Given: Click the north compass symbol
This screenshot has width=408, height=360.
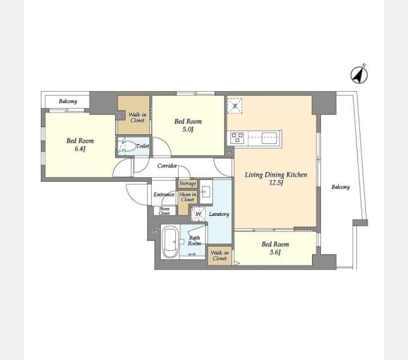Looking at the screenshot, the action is click(359, 75).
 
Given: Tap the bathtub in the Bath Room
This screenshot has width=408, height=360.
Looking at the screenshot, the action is click(170, 242).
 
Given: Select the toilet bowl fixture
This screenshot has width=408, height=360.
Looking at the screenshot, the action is click(127, 146).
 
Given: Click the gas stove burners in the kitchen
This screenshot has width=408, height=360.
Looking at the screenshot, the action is click(237, 138).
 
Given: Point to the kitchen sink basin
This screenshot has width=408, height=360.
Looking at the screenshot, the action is click(270, 138).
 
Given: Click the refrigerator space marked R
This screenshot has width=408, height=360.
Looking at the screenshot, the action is click(235, 106).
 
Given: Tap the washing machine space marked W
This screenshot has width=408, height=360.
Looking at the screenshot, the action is click(198, 214).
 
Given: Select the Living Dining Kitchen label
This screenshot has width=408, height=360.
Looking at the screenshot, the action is click(276, 175).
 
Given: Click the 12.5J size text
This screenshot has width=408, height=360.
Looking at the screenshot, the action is click(276, 182).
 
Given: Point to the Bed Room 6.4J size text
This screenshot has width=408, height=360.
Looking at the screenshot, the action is click(80, 149).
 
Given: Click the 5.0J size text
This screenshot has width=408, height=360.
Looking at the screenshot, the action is click(188, 129).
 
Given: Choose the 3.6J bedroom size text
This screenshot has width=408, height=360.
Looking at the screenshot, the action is click(275, 253).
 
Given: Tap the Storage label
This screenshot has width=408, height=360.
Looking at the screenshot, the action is click(187, 184).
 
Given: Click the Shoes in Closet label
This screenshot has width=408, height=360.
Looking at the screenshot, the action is click(188, 197).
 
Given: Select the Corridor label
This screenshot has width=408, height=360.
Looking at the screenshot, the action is click(167, 166).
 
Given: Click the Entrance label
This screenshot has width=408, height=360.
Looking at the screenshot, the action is click(164, 194).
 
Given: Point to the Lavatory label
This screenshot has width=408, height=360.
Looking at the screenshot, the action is click(219, 214).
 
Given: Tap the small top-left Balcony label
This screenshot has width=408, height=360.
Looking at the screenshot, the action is click(68, 101).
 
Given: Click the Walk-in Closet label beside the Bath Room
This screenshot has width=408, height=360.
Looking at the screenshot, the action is click(220, 256).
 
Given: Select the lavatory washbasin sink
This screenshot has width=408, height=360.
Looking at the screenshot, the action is click(206, 191).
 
